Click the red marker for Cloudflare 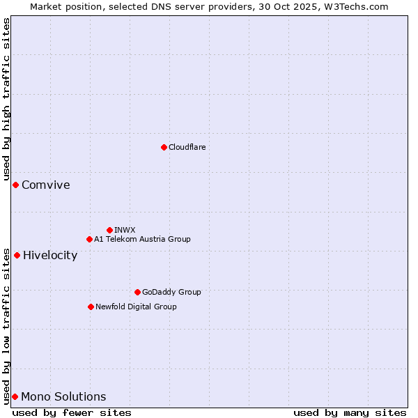coord(164,147)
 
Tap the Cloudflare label coord(187,147)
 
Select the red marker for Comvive coord(15,185)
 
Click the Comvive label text coord(45,185)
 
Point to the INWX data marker coord(109,230)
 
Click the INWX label coord(125,230)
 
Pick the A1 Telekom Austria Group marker coord(89,239)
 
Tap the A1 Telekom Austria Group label coord(142,239)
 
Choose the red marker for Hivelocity coord(17,255)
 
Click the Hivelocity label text coord(50,255)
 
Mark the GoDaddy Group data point coord(137,292)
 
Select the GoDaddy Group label coord(171,292)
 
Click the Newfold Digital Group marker coord(91,307)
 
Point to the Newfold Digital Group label coord(136,307)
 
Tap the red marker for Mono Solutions coord(15,396)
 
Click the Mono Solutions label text coord(63,396)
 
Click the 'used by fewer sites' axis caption coord(72,412)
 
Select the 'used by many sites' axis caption coord(350,412)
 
